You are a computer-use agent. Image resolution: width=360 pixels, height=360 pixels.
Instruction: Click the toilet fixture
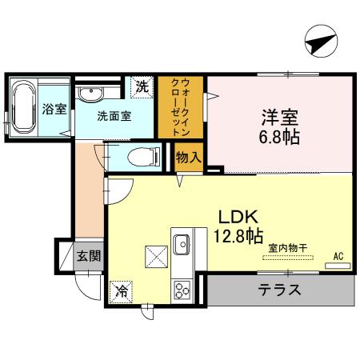point(139,157)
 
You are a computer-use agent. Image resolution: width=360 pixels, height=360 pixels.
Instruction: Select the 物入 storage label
point(188,158)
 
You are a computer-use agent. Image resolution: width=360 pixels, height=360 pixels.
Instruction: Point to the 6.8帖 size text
point(279,137)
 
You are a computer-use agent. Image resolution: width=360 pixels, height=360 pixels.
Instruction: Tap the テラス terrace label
point(279,290)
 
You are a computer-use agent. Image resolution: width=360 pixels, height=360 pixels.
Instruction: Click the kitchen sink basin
point(181,242)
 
